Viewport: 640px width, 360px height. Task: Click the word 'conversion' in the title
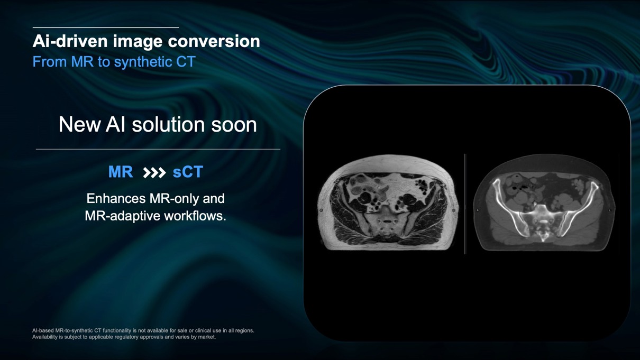214,41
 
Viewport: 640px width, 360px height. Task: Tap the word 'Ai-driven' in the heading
70,41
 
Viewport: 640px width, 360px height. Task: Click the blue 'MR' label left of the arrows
121,172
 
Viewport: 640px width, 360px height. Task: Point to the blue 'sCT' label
188,172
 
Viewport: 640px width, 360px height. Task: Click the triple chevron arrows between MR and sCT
154,172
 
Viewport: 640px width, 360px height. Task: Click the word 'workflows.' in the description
195,216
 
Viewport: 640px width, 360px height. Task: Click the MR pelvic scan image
388,202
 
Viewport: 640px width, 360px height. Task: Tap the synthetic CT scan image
544,203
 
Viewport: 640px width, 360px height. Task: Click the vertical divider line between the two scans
465,204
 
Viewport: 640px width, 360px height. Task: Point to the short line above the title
106,27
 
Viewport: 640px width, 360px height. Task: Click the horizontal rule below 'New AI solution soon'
158,149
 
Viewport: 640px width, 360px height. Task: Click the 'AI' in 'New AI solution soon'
115,125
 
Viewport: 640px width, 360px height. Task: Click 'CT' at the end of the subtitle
186,62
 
